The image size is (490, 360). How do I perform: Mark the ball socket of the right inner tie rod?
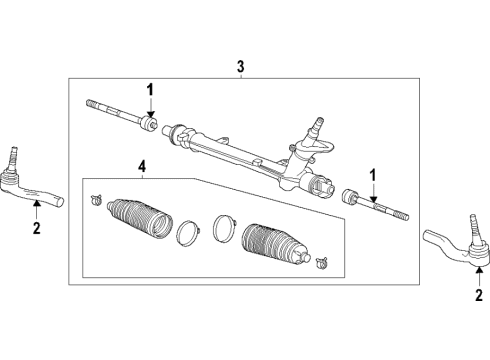(351, 194)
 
